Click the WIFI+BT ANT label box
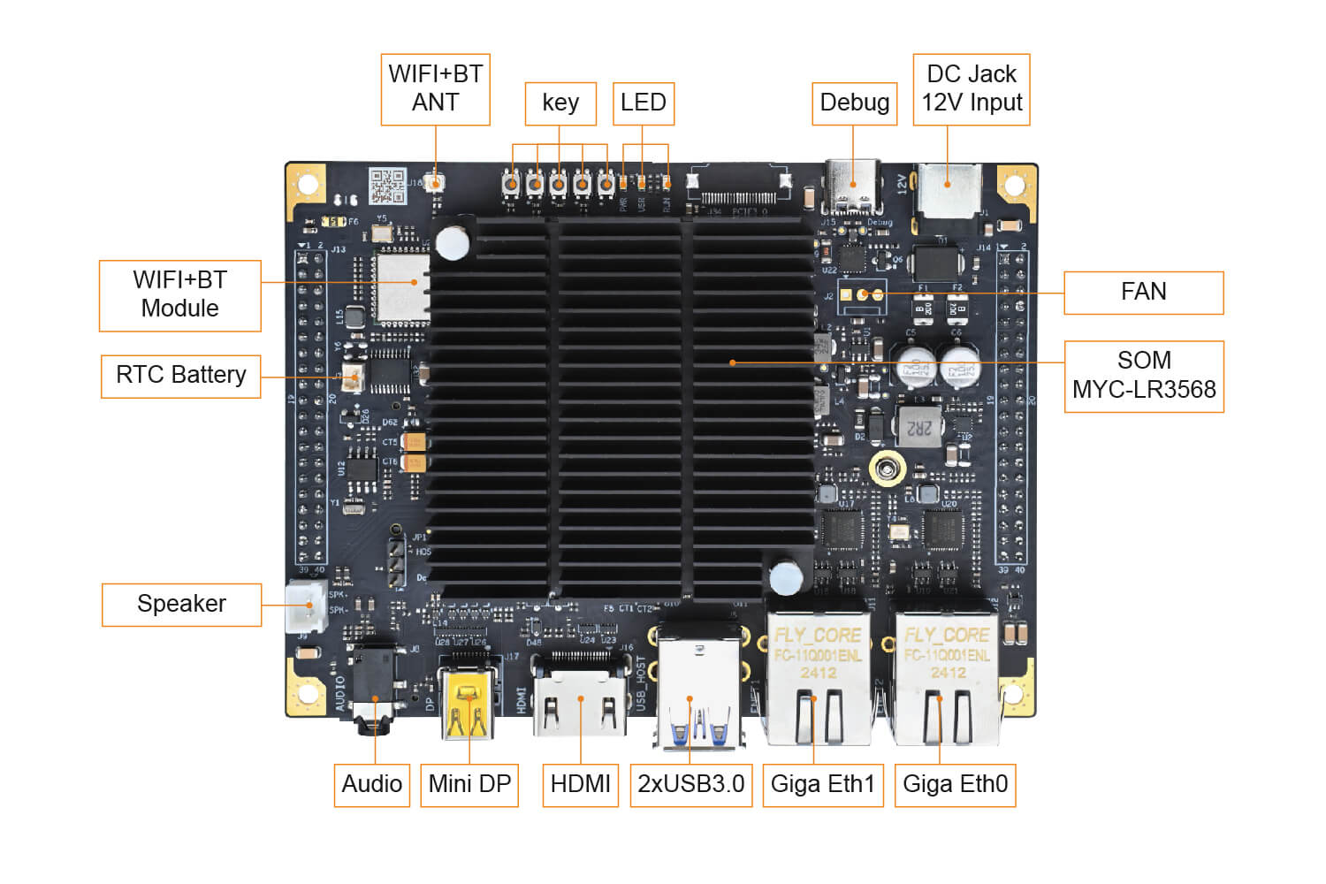(435, 89)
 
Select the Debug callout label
(854, 103)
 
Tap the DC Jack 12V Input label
(971, 89)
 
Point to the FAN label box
(1143, 293)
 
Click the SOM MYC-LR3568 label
(1143, 376)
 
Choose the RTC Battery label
(180, 376)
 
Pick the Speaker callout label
(181, 605)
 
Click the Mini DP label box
(469, 785)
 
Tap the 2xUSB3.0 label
(690, 785)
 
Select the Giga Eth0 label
(955, 785)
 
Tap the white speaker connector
(305, 606)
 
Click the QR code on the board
(386, 185)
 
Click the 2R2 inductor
(919, 428)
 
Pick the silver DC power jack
(949, 189)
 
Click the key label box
(560, 103)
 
